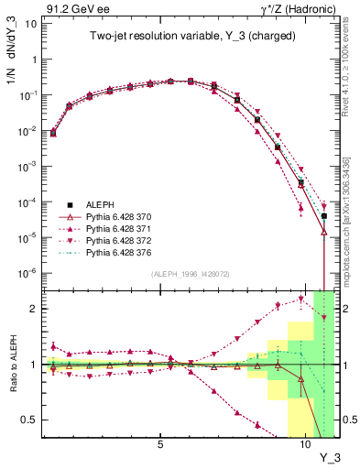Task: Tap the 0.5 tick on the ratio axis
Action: click(x=29, y=420)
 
